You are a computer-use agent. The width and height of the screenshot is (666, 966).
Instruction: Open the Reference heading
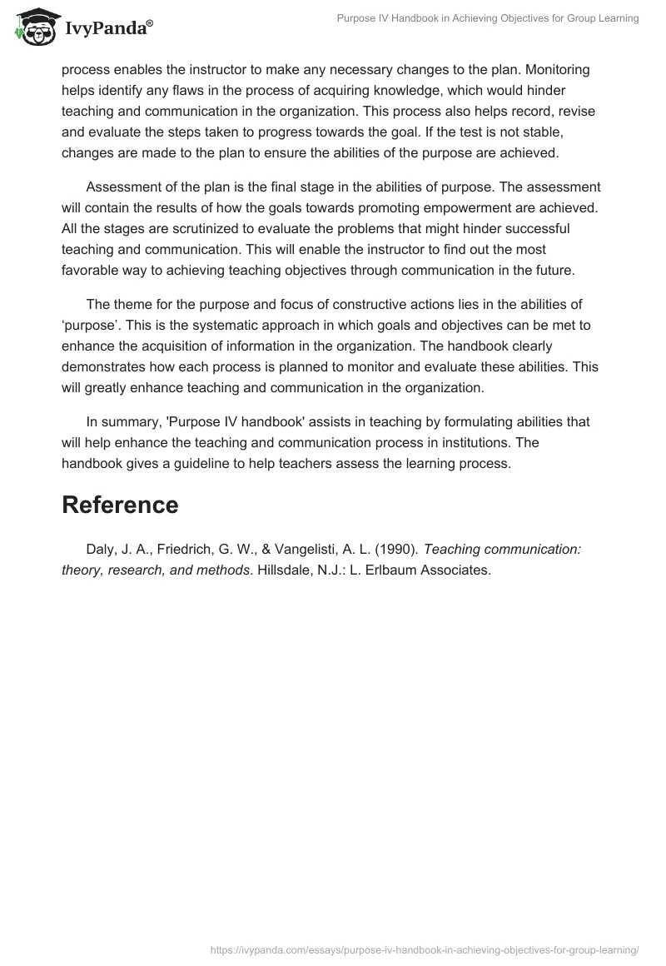[x=120, y=505]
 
